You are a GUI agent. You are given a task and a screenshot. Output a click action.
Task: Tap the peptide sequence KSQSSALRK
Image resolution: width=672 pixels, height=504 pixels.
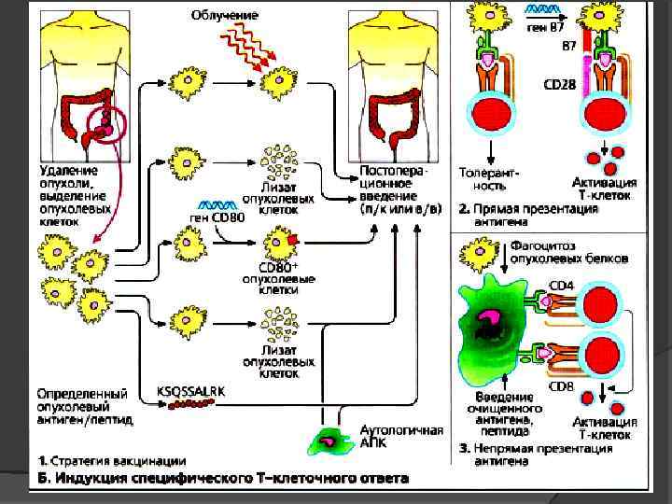pyautogui.click(x=192, y=391)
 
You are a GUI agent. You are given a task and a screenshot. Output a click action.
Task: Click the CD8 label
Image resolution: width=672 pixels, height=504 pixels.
pyautogui.click(x=561, y=384)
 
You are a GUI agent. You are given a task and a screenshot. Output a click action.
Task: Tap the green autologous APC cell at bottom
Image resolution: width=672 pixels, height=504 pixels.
pyautogui.click(x=329, y=438)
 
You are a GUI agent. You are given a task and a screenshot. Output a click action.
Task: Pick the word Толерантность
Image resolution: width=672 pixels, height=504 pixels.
pyautogui.click(x=483, y=179)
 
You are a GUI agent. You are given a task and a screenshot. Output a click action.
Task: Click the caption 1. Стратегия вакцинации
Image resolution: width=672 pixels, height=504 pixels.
pyautogui.click(x=111, y=460)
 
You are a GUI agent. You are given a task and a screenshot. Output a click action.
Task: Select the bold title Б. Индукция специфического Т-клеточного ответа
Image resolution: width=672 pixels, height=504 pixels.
pyautogui.click(x=222, y=478)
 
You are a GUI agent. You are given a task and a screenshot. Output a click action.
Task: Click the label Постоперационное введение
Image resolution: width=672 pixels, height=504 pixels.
pyautogui.click(x=397, y=192)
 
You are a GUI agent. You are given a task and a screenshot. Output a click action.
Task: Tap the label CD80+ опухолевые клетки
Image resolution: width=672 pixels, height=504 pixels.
pyautogui.click(x=279, y=278)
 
